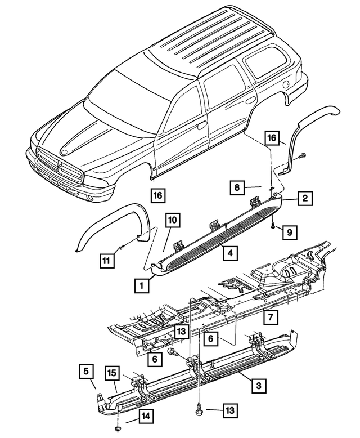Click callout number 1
(x=142, y=286)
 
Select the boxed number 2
(x=304, y=198)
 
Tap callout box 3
(x=258, y=386)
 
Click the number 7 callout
(x=271, y=318)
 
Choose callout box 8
(x=238, y=186)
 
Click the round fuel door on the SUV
(x=287, y=84)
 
